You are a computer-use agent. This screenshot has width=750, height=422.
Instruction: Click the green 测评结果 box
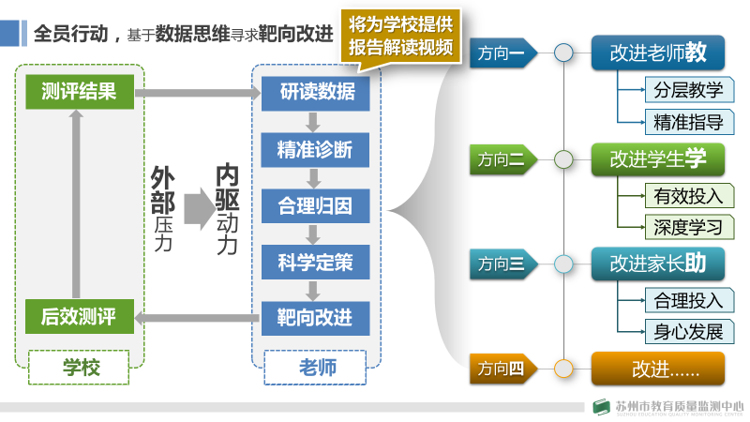click(80, 92)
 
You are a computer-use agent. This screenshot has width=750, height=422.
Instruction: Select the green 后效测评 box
click(80, 317)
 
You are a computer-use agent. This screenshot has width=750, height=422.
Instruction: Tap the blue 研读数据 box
click(316, 92)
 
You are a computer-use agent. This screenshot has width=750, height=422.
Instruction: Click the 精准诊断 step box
click(316, 148)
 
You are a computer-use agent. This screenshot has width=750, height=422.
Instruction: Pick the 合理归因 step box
click(316, 204)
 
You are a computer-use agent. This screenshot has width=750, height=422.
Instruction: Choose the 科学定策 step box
click(316, 261)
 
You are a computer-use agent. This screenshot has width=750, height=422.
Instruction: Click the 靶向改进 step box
click(316, 317)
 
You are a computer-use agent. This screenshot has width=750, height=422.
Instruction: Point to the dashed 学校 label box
click(80, 367)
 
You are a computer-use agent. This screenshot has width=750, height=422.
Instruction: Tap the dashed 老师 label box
click(316, 367)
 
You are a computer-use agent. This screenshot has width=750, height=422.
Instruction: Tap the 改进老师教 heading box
click(658, 53)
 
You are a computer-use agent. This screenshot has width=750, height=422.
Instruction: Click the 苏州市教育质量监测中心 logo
click(667, 408)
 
